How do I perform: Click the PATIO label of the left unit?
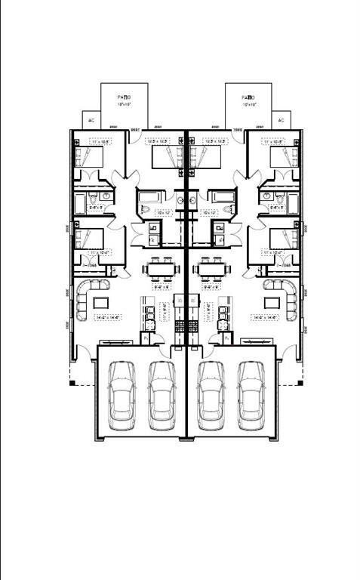[x=125, y=97]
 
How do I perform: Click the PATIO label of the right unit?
[x=248, y=97]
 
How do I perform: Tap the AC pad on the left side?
[x=91, y=120]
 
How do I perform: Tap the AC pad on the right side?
[x=282, y=120]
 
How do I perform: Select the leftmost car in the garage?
[x=122, y=395]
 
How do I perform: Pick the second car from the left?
[x=162, y=395]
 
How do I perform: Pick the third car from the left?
[x=211, y=395]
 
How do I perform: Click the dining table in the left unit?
[x=160, y=268]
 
